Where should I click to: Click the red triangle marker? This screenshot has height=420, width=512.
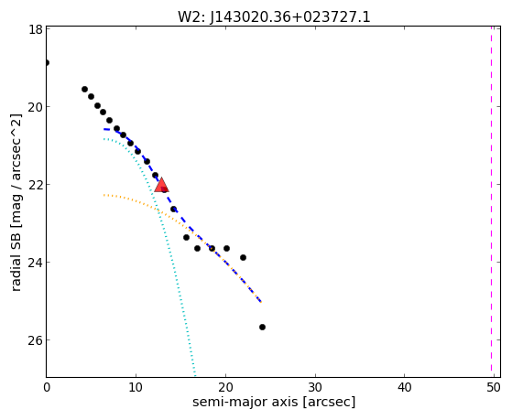(x=161, y=185)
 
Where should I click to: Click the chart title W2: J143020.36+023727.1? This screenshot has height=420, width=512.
(x=274, y=16)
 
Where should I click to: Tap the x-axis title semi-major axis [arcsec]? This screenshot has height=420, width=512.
(x=274, y=402)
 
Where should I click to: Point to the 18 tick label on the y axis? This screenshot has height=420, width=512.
(x=37, y=29)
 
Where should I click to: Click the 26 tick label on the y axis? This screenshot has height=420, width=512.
(x=36, y=340)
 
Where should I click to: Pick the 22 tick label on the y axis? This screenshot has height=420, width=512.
(x=36, y=185)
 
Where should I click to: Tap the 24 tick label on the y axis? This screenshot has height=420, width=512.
(x=36, y=263)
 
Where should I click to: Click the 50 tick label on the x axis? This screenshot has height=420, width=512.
(x=494, y=387)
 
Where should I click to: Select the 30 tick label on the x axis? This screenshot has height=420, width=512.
(x=315, y=387)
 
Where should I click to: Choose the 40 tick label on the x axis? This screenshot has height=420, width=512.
(x=404, y=387)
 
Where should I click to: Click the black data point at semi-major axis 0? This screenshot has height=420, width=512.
(x=47, y=62)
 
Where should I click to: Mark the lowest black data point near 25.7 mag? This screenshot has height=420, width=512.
(x=262, y=327)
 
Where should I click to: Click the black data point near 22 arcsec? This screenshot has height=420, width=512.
(x=243, y=257)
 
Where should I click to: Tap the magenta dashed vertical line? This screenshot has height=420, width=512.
(x=491, y=201)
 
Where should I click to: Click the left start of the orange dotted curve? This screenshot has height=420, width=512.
(x=103, y=195)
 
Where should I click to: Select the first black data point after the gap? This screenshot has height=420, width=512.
(x=84, y=89)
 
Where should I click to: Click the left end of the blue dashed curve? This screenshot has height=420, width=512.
(x=103, y=129)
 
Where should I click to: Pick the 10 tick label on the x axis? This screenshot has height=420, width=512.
(x=136, y=387)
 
